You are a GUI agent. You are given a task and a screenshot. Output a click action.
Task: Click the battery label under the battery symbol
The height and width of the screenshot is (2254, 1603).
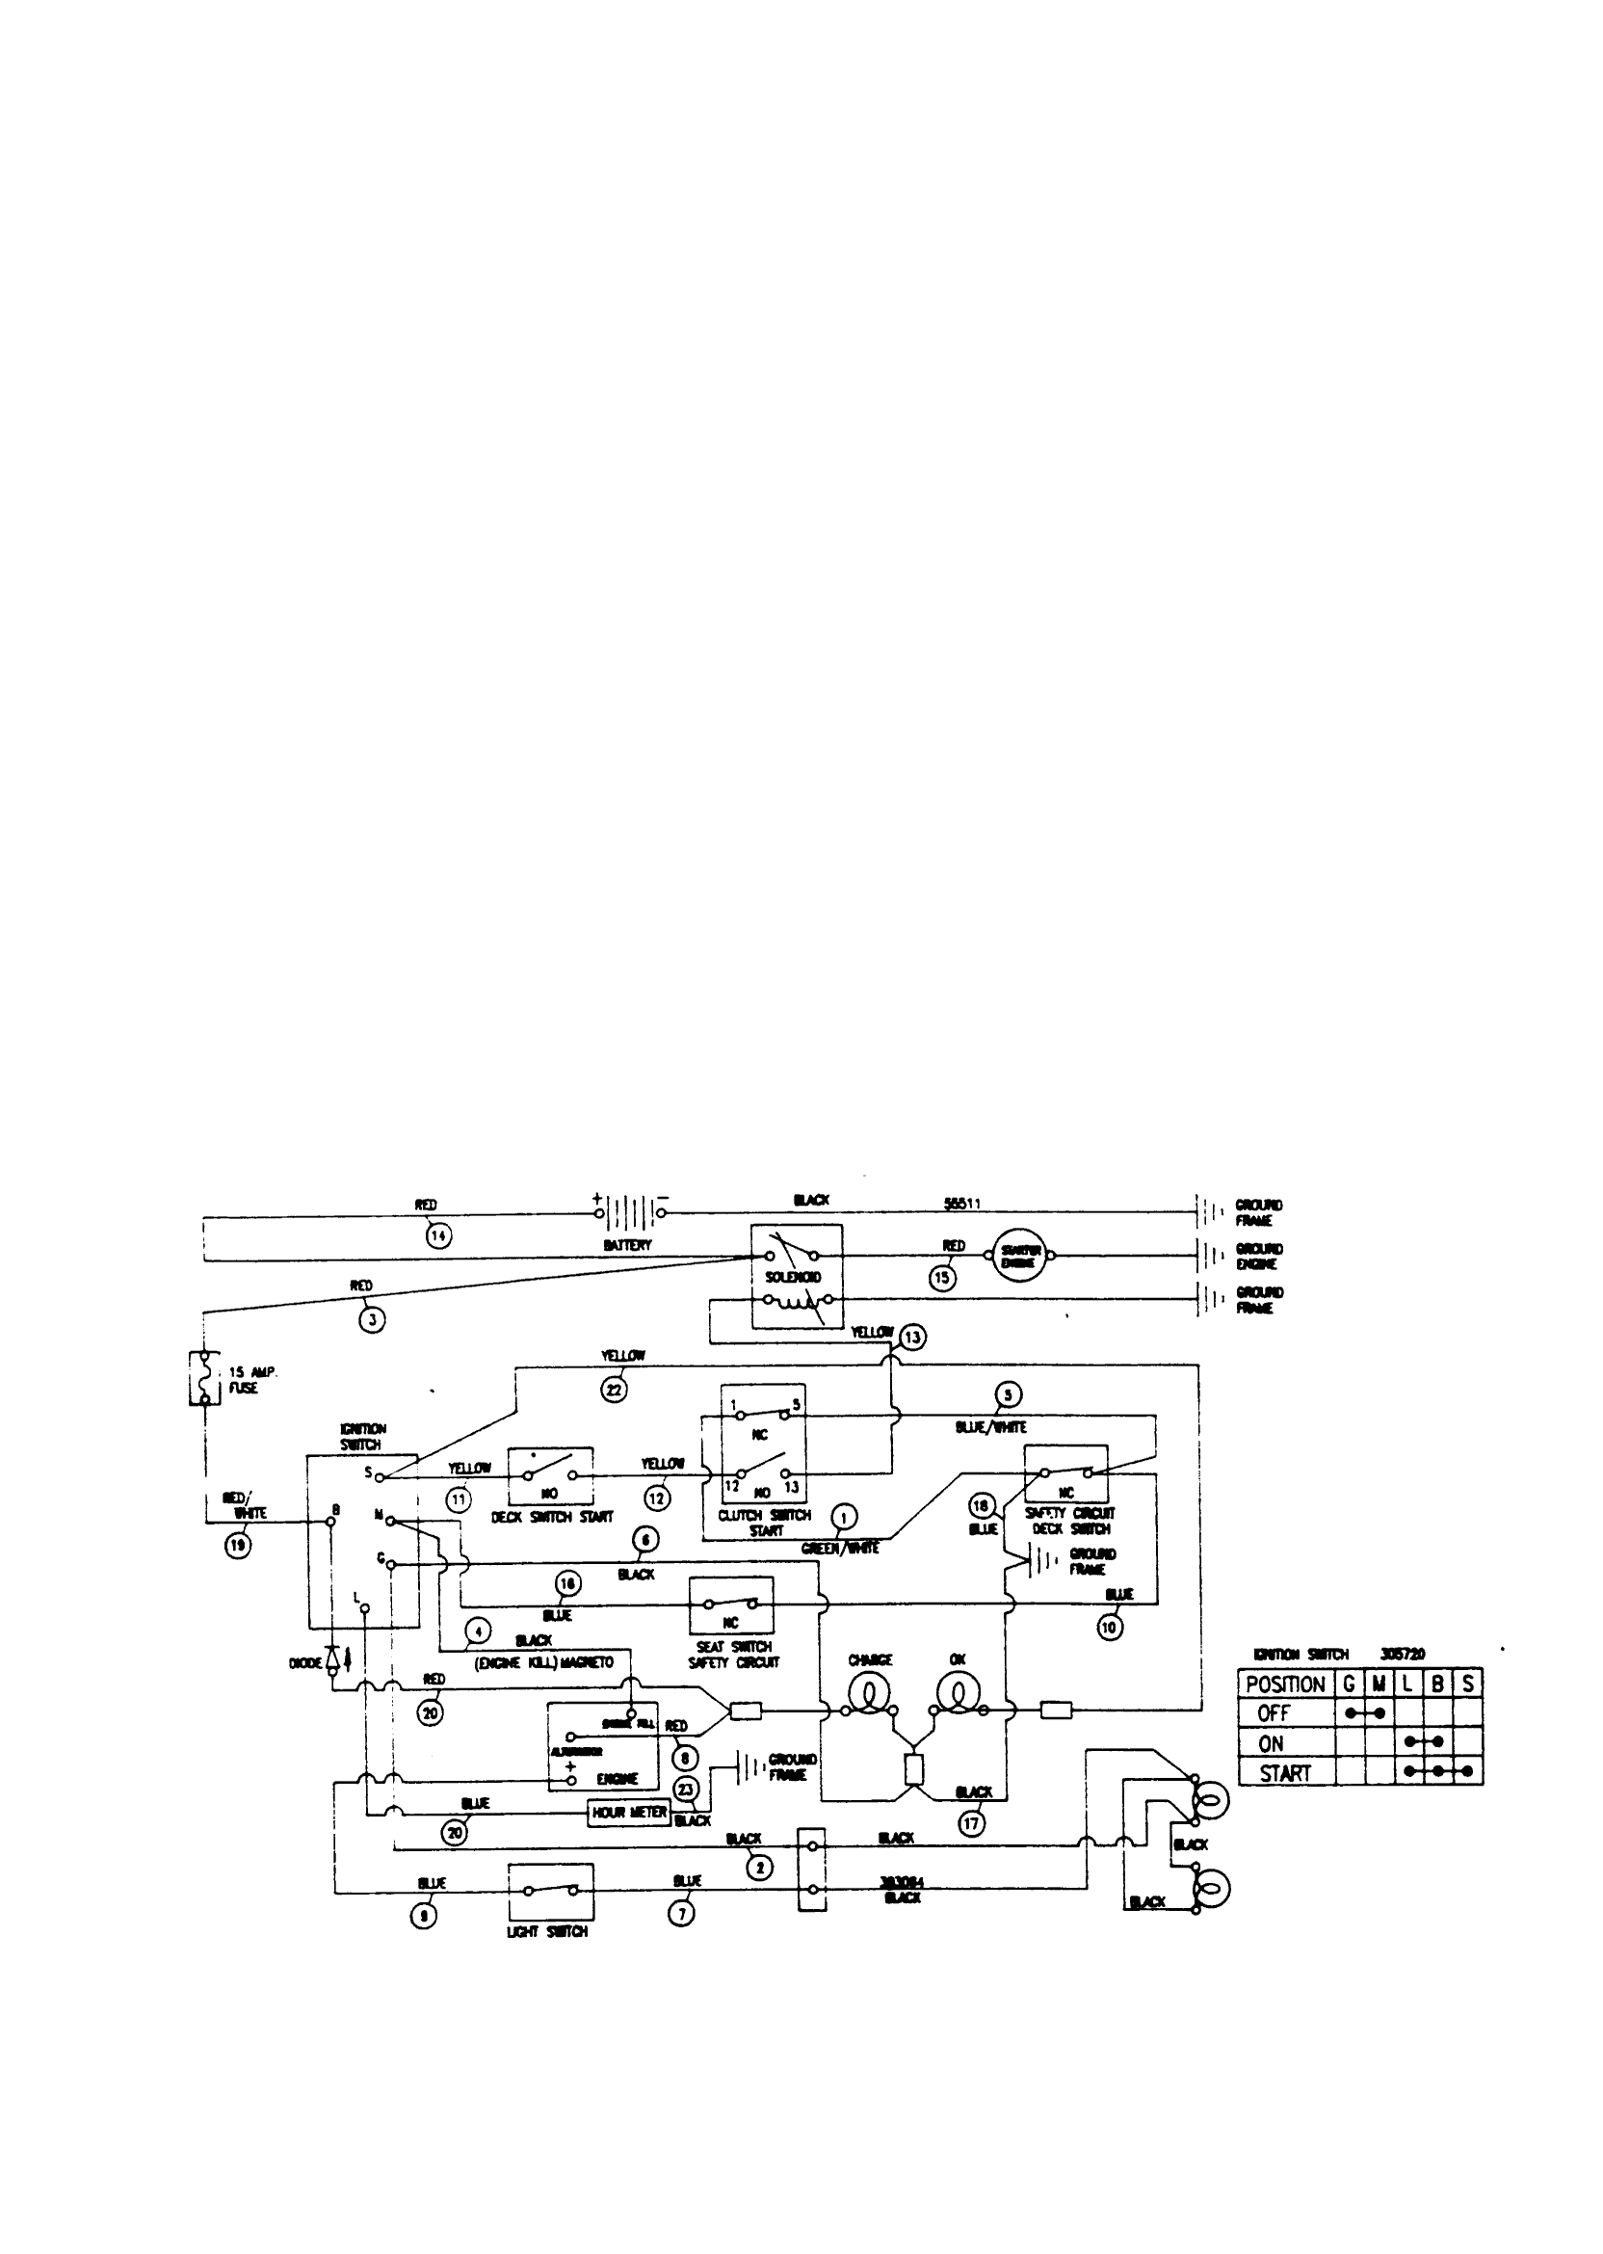click(628, 1246)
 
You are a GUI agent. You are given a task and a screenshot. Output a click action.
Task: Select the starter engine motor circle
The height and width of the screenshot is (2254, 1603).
click(1018, 1256)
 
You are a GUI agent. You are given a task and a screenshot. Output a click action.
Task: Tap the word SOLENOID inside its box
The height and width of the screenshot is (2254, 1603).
click(794, 1278)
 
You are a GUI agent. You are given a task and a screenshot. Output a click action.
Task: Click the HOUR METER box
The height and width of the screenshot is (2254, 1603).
click(629, 1813)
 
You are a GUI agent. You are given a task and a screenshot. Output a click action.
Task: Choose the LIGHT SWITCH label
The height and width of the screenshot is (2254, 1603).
click(547, 1931)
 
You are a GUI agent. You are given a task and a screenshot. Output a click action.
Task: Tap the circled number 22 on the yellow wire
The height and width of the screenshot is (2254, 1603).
click(614, 1390)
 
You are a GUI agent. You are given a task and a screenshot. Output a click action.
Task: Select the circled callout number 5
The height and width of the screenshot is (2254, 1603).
click(1008, 1395)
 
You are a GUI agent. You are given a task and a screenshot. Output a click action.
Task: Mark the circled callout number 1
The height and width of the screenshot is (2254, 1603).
click(845, 1519)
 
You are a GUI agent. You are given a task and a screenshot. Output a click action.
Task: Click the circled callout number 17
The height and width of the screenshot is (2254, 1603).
click(971, 1822)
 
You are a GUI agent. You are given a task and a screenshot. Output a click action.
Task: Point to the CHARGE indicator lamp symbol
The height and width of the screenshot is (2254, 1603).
click(869, 1694)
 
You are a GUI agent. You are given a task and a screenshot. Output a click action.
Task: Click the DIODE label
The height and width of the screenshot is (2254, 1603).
click(306, 1663)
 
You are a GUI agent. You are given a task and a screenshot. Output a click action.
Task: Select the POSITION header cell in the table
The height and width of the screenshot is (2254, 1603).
click(1285, 1684)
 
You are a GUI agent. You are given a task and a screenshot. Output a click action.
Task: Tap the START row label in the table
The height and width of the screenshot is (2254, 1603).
click(1284, 1773)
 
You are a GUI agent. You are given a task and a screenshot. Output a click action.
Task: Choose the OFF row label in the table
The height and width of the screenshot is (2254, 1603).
click(1274, 1714)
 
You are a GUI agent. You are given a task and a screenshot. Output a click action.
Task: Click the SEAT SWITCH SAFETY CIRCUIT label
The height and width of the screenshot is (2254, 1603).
click(733, 1655)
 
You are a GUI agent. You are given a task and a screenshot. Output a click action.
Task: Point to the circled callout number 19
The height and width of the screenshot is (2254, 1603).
click(238, 1545)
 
